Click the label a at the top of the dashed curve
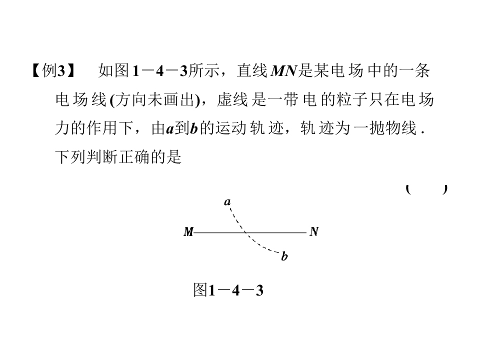(227, 201)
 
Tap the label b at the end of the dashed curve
(284, 256)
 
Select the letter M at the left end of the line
(188, 231)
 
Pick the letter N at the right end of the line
(314, 231)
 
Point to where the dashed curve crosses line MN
(245, 233)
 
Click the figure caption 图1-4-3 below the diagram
(228, 290)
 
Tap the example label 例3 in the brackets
(53, 70)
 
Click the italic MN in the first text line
(284, 70)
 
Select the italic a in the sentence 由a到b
(170, 129)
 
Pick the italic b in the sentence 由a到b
(194, 128)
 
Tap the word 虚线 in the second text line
(232, 99)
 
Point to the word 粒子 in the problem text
(352, 99)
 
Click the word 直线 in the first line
(252, 70)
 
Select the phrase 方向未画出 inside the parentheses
(155, 99)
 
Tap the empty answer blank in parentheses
(426, 189)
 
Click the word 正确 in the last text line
(134, 157)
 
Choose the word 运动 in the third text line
(231, 128)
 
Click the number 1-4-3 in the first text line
(159, 70)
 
